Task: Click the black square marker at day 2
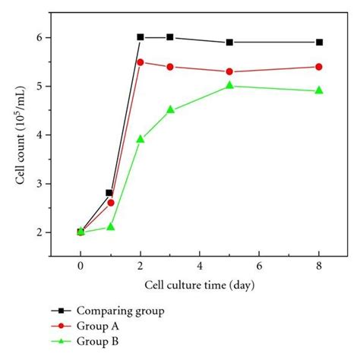(141, 37)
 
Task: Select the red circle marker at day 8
(319, 67)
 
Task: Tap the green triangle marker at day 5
(229, 86)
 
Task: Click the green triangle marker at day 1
(110, 226)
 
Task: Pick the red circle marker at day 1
(111, 203)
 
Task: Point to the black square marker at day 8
(319, 43)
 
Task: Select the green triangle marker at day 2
(141, 139)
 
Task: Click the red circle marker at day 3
(170, 67)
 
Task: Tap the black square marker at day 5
(229, 43)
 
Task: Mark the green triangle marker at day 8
(319, 90)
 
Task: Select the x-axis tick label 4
(200, 267)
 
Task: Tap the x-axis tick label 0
(81, 267)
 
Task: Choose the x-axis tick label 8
(319, 267)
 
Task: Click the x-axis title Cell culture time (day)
(199, 285)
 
